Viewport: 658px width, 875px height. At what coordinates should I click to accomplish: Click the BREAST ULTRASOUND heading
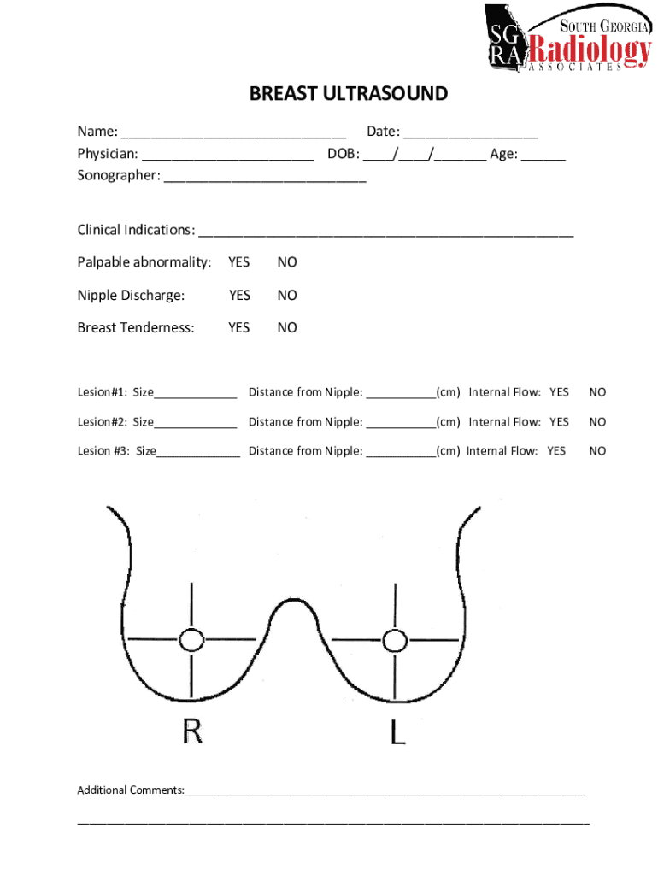coord(348,94)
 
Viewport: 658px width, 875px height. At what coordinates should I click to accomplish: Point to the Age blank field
coord(543,156)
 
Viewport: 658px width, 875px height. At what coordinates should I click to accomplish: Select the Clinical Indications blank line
coord(385,232)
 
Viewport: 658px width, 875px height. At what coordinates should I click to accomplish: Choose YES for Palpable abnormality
coord(239,262)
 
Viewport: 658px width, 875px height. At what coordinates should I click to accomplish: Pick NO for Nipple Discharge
coord(287,296)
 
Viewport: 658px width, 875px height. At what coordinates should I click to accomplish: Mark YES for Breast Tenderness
coord(239,328)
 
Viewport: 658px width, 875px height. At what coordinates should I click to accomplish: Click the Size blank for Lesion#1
coord(196,395)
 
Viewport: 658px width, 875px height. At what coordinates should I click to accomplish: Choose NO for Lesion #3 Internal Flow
coord(597,451)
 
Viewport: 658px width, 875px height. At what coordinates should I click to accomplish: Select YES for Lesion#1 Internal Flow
coord(559,393)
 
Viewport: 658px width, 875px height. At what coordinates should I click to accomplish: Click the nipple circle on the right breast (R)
coord(191,639)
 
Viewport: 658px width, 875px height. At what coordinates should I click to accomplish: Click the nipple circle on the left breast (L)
coord(395,639)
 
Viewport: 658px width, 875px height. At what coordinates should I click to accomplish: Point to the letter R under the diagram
coord(191,731)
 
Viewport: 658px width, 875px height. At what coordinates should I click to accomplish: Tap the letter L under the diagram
coord(397,731)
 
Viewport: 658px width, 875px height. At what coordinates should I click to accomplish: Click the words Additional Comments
coord(130,790)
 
